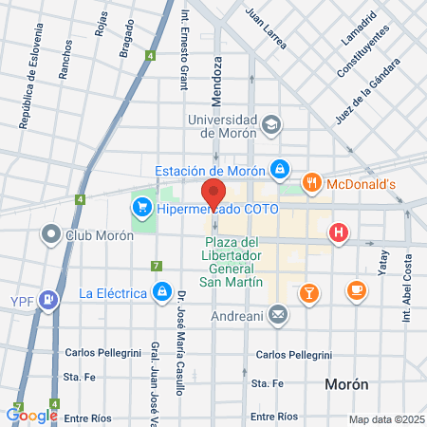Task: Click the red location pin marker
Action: pos(214,194)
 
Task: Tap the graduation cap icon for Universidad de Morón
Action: pos(272,124)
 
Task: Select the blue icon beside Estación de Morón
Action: pos(279,170)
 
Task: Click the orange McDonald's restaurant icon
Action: pos(309,183)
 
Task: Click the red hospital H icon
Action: pos(338,232)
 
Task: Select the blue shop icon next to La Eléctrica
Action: pos(162,290)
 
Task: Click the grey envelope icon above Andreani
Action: pos(277,312)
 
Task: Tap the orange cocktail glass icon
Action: pos(308,292)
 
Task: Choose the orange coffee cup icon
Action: pos(356,290)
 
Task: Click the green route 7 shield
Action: pos(157,266)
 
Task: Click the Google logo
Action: pos(31,415)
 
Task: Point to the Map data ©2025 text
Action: pos(385,419)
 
